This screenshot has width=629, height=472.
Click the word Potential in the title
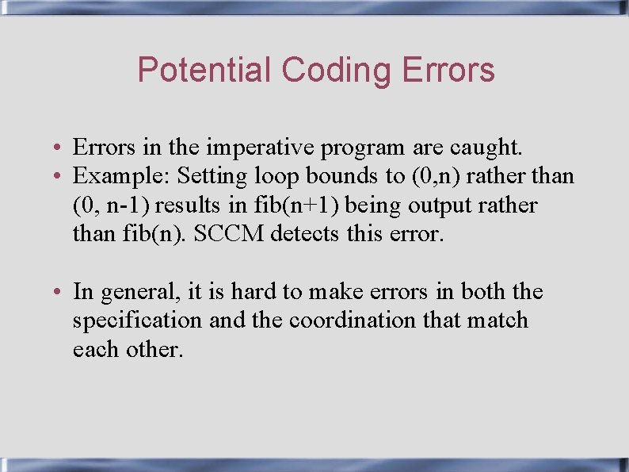(204, 70)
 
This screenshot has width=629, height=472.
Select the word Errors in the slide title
(448, 70)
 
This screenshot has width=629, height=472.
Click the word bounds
(346, 175)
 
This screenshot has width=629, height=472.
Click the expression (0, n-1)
(112, 205)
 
